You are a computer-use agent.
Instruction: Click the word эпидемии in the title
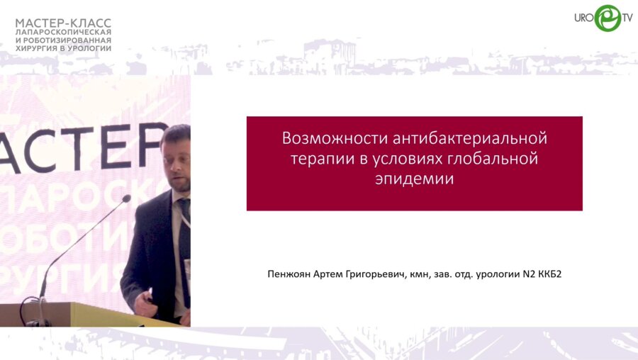(414, 179)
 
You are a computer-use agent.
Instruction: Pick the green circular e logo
(608, 18)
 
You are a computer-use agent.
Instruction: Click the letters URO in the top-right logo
(584, 18)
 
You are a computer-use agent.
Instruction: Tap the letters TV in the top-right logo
(627, 18)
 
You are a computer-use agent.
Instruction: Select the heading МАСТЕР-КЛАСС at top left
(63, 23)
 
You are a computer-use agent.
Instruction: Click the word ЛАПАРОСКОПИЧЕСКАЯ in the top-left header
(63, 33)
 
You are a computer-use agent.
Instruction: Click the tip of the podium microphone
(127, 199)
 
